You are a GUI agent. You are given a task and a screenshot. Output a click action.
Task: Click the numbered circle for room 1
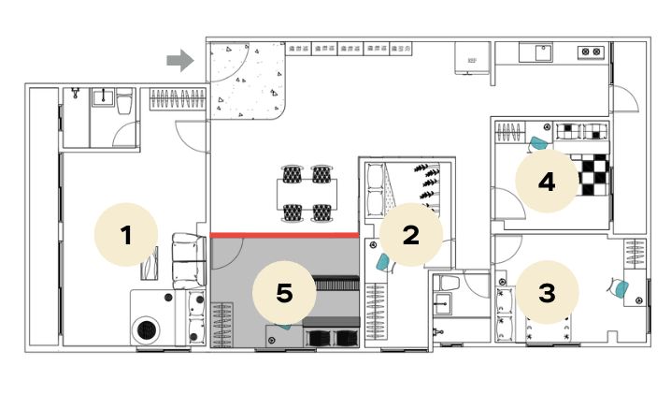126,235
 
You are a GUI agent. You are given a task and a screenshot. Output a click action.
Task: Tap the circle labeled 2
411,235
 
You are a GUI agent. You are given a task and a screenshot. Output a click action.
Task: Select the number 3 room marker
547,293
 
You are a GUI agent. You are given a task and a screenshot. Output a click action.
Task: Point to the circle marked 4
547,181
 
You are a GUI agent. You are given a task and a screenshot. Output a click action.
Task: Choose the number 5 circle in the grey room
284,293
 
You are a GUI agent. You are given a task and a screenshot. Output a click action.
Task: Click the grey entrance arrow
180,61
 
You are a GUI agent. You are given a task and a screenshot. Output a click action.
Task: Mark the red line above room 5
284,235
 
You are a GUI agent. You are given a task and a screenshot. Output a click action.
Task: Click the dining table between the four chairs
307,193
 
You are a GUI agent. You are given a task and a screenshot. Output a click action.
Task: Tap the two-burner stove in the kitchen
591,51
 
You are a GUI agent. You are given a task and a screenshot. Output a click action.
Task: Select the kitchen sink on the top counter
544,52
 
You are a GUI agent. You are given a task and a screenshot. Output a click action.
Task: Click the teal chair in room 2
384,262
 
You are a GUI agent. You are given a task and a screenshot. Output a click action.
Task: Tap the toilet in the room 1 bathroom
124,101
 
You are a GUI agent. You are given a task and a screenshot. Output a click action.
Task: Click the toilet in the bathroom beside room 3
450,283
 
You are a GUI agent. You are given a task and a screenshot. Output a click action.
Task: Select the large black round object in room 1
146,329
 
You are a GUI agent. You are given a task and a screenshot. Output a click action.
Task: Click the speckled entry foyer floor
246,80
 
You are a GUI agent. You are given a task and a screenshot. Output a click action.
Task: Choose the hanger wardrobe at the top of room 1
178,99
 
